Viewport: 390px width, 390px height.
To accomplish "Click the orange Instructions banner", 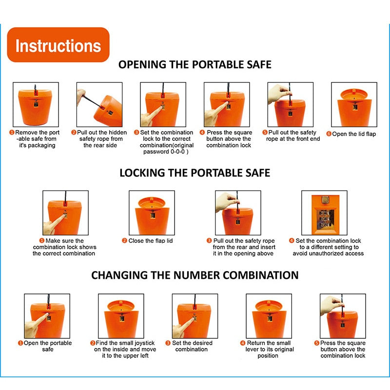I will coord(58,45).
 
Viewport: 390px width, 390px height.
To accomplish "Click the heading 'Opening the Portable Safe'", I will coord(195,65).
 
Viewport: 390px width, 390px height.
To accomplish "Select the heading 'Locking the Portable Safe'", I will coord(195,173).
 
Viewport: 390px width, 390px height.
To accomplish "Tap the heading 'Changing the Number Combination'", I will coord(195,275).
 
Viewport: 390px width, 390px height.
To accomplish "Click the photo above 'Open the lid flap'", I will coord(354,104).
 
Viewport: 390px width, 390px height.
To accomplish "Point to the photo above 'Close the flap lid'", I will coord(152,213).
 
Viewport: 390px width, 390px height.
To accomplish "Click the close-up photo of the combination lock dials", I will coord(324,213).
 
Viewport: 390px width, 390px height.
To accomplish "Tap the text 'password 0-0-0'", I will coord(166,152).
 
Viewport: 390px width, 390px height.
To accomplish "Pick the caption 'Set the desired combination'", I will coord(192,346).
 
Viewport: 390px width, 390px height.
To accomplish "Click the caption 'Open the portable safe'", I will coord(48,346).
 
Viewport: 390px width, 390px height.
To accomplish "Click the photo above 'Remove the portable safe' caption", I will coord(36,104).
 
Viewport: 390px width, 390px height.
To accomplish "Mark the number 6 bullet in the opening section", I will coord(329,134).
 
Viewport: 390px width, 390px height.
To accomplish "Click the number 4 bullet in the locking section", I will coord(292,241).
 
